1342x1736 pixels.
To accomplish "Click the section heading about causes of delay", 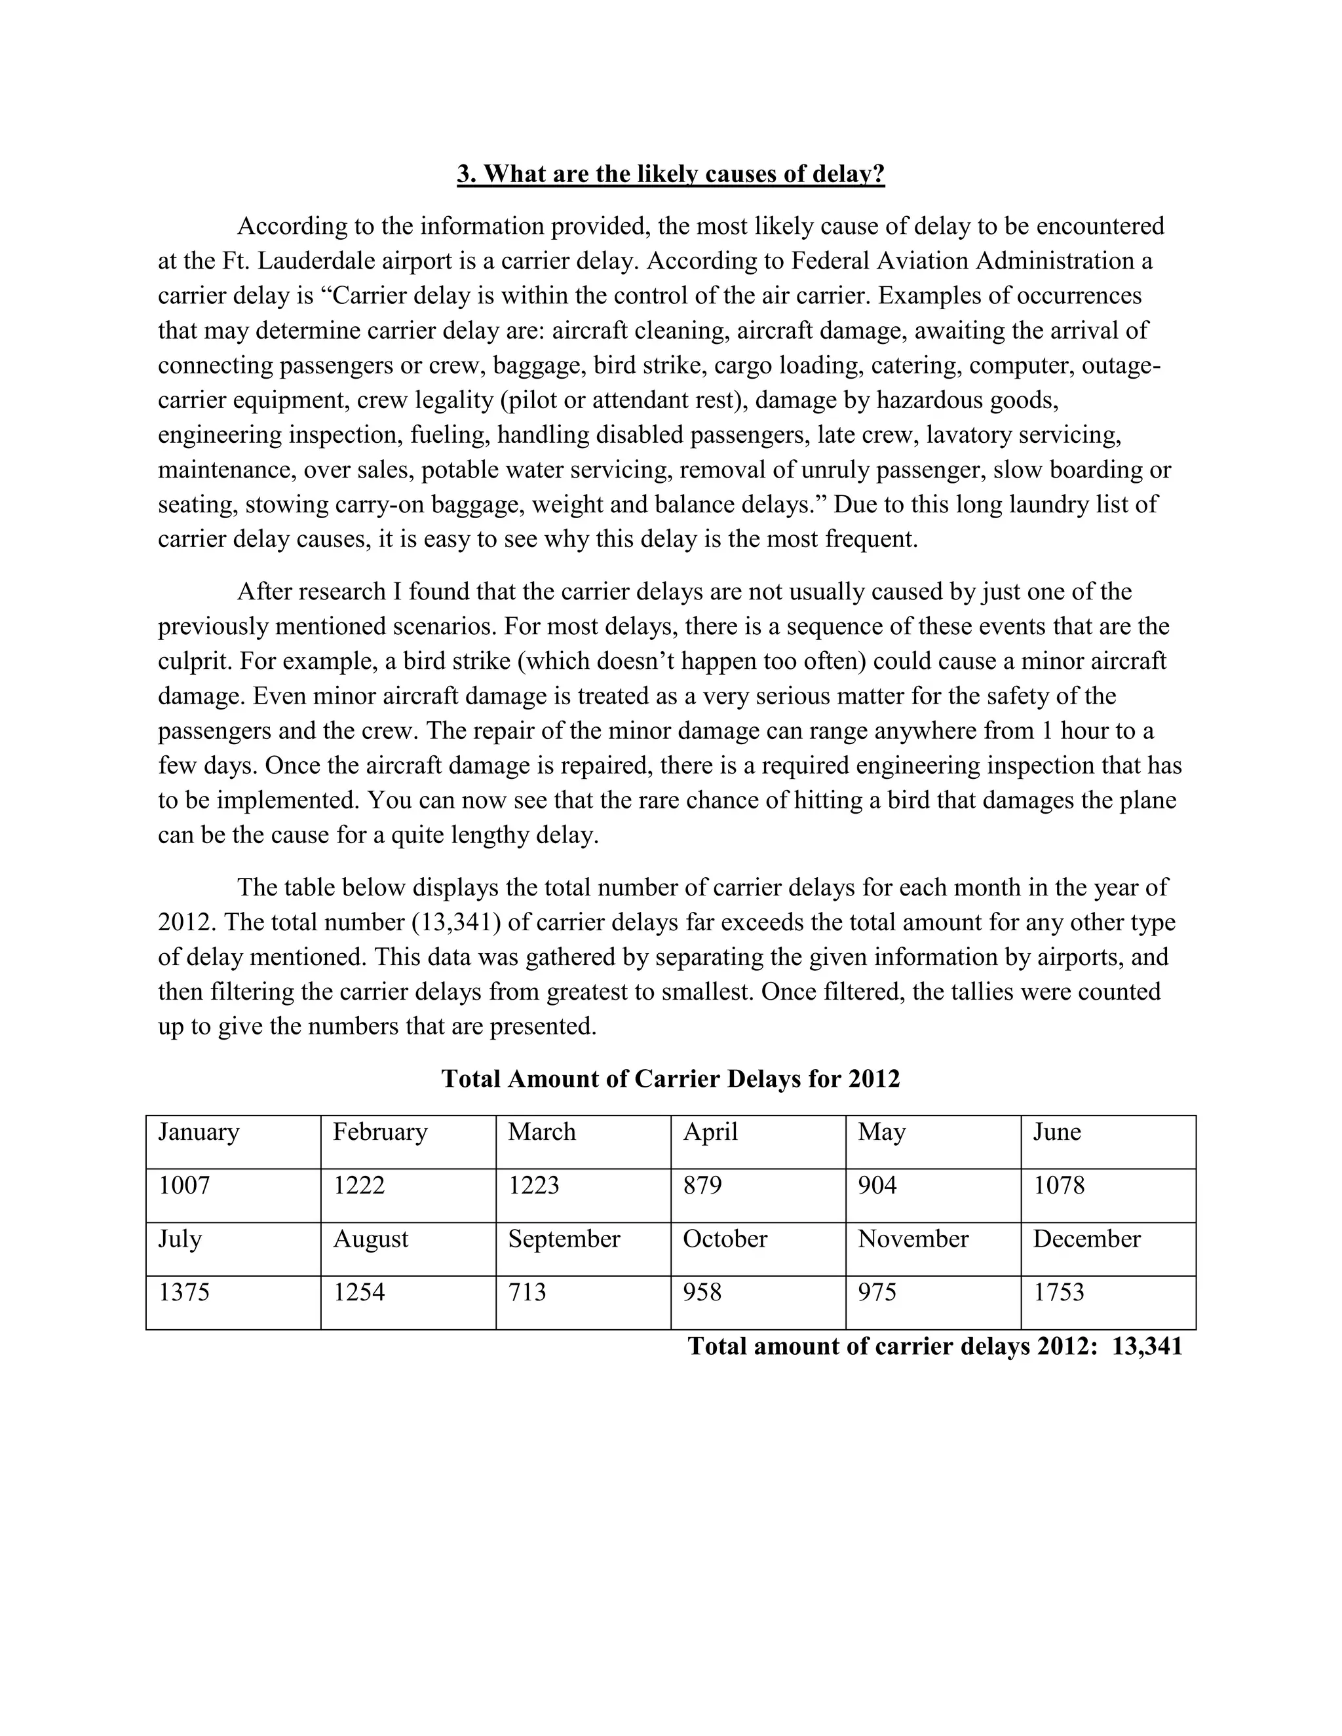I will click(670, 174).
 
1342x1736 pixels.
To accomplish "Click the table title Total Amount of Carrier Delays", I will click(670, 1079).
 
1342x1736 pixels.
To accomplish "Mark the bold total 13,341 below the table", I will click(1147, 1346).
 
